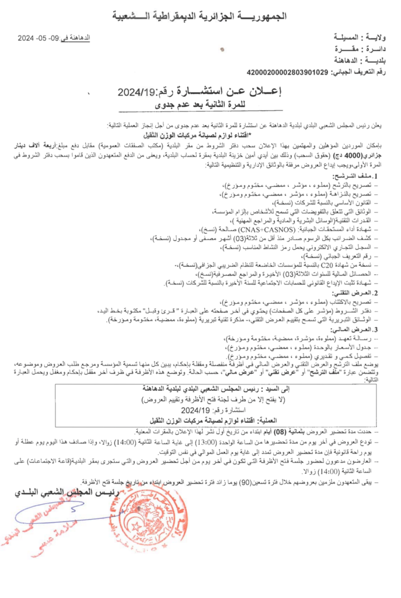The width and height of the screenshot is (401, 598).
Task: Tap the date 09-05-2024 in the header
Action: pyautogui.click(x=52, y=39)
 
